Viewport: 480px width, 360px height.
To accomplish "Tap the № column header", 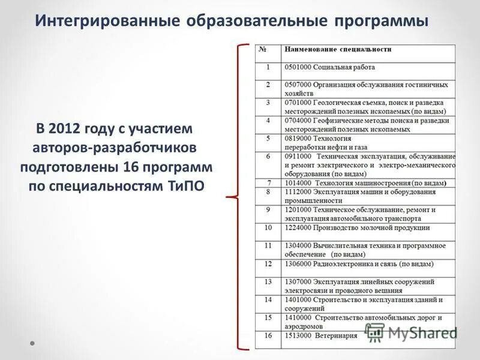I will tap(263, 49).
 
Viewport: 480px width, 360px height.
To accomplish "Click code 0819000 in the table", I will tap(298, 138).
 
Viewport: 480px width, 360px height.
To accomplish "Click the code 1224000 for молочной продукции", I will tap(298, 227).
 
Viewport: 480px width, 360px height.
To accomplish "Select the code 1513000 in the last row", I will tap(298, 336).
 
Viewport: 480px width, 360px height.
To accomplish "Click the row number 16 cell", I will tap(268, 336).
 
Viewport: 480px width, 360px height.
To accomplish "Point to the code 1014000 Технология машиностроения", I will tap(298, 182).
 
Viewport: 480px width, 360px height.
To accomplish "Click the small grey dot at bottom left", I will tap(34, 344).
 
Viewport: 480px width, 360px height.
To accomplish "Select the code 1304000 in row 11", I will tap(298, 245).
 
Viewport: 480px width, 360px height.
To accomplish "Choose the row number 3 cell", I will tap(268, 103).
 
